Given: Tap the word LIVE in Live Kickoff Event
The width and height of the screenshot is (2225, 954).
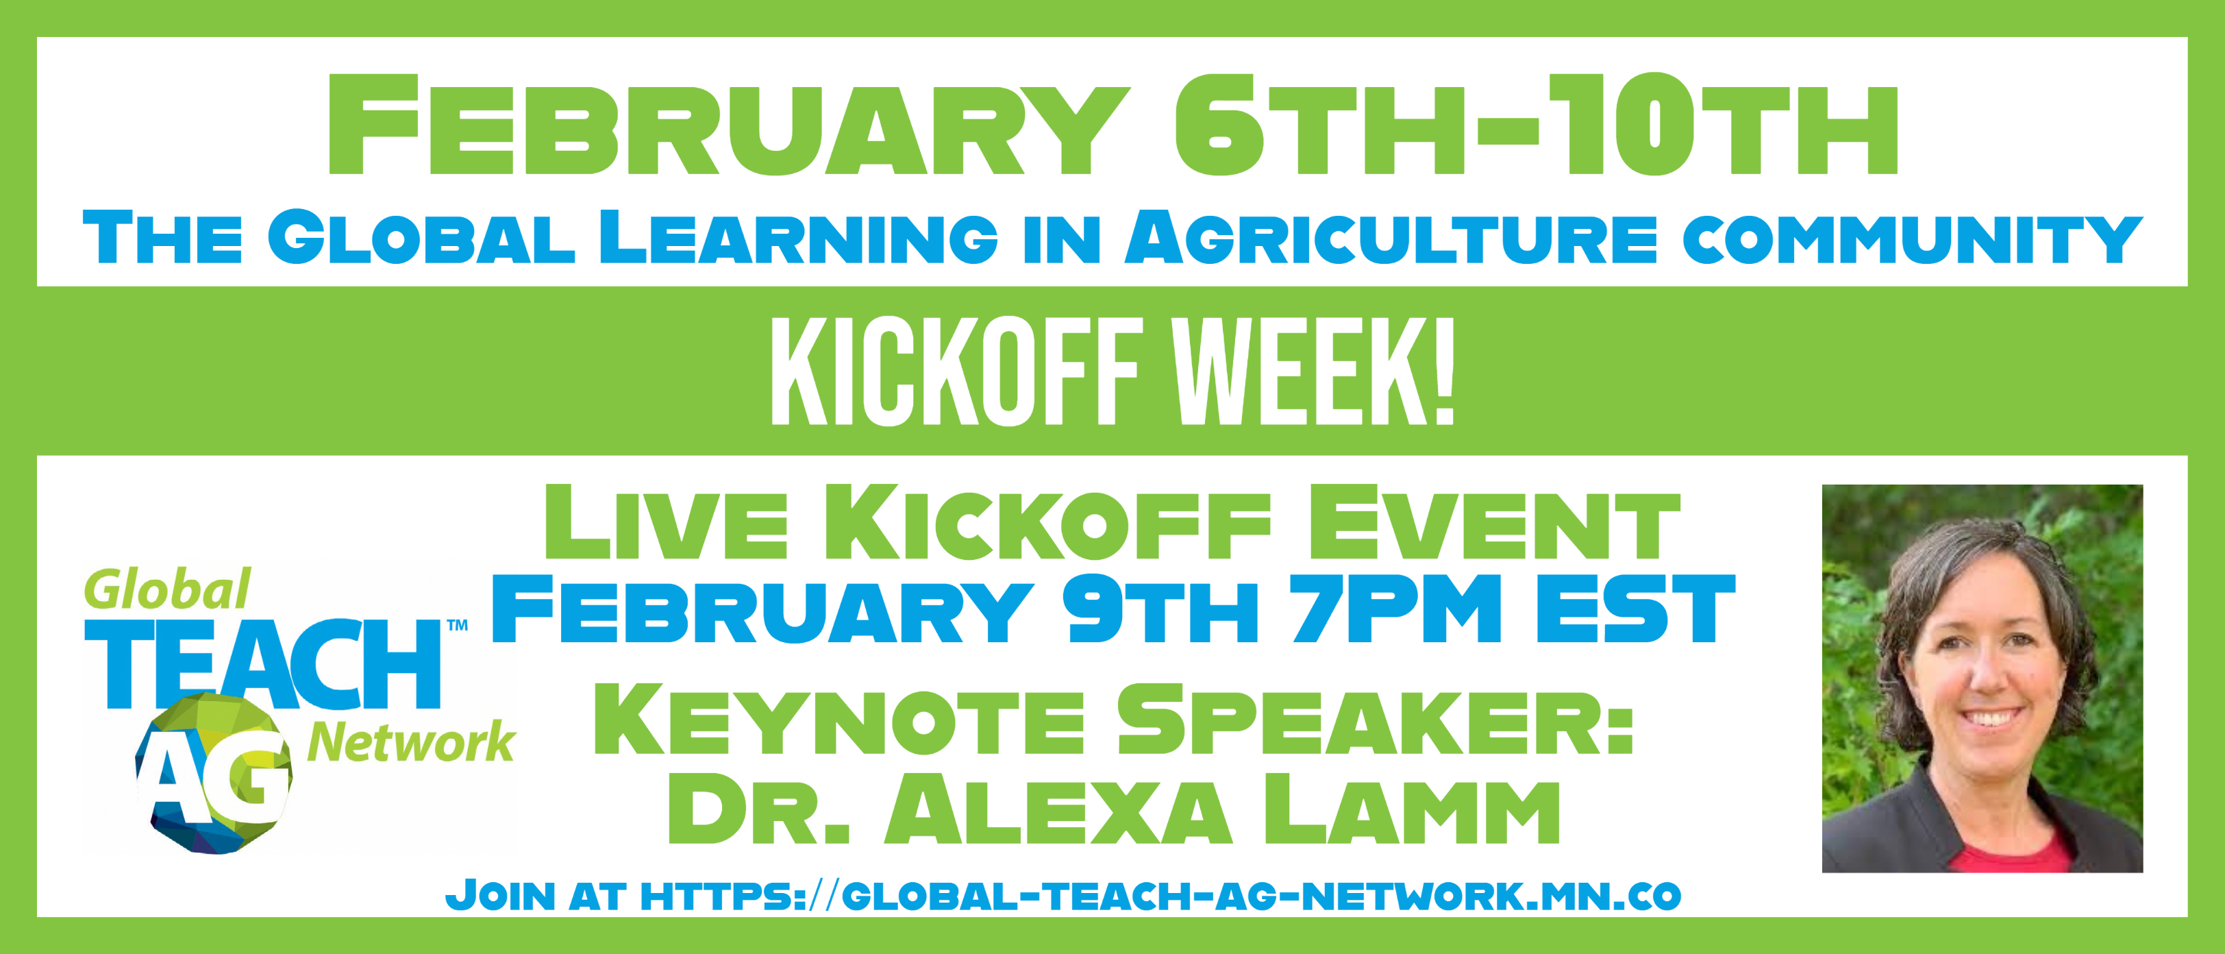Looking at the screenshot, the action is click(666, 522).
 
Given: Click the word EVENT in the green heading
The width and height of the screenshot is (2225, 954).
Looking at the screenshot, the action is click(1493, 522).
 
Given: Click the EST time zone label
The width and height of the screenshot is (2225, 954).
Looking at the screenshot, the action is click(1634, 609).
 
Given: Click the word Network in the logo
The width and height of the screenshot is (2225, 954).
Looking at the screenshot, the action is click(411, 743).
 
